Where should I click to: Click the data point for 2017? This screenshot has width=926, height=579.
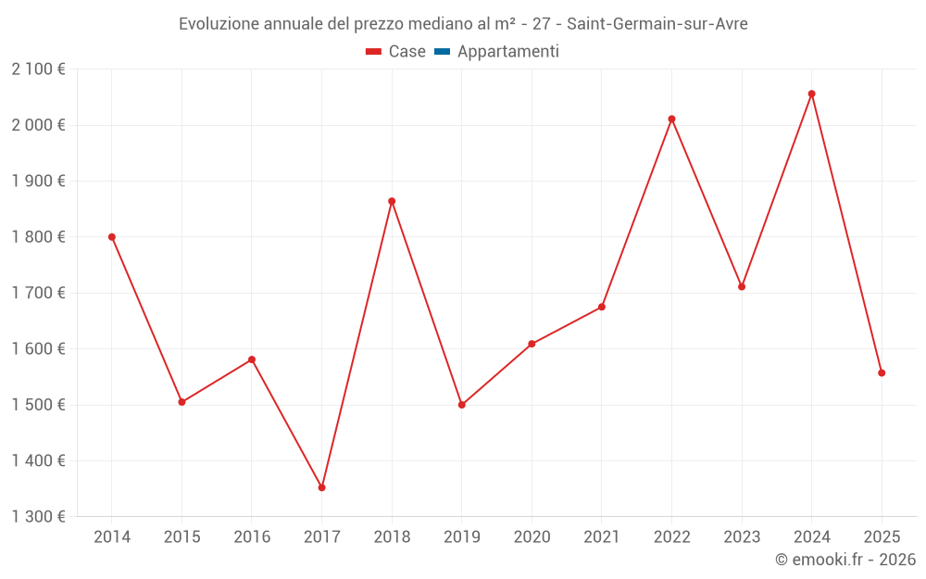pyautogui.click(x=321, y=487)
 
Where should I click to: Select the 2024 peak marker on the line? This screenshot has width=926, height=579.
pyautogui.click(x=811, y=94)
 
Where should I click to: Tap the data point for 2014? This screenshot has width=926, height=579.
pyautogui.click(x=112, y=237)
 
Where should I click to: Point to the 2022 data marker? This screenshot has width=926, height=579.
pyautogui.click(x=671, y=119)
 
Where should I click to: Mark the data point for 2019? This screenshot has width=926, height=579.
pyautogui.click(x=461, y=405)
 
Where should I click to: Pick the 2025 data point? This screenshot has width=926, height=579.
pyautogui.click(x=882, y=373)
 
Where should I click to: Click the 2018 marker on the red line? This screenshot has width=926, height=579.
pyautogui.click(x=392, y=201)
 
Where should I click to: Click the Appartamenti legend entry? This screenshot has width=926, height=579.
pyautogui.click(x=507, y=52)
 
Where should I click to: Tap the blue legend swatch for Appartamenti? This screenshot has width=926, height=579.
pyautogui.click(x=442, y=52)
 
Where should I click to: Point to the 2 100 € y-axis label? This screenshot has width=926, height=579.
pyautogui.click(x=39, y=69)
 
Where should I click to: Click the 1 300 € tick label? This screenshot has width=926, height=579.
pyautogui.click(x=39, y=517)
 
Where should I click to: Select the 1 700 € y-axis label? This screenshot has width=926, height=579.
pyautogui.click(x=39, y=293)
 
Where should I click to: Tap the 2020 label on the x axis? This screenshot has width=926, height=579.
pyautogui.click(x=532, y=537)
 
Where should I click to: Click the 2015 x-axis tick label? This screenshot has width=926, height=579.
pyautogui.click(x=181, y=537)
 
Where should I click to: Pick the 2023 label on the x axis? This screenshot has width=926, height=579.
pyautogui.click(x=742, y=537)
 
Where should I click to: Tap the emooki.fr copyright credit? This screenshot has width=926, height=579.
pyautogui.click(x=845, y=560)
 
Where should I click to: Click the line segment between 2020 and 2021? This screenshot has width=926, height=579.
pyautogui.click(x=567, y=325)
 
